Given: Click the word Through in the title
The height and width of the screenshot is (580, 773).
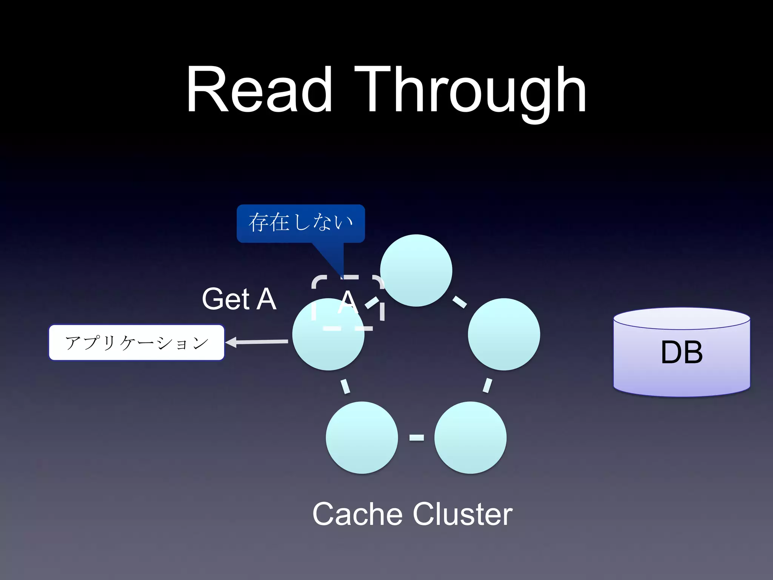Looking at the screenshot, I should [x=470, y=91].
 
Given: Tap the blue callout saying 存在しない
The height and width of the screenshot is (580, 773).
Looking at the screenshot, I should [x=300, y=223].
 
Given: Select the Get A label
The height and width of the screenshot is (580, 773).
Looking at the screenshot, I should [x=239, y=299].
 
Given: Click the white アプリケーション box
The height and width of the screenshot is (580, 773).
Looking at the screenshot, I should [x=137, y=342].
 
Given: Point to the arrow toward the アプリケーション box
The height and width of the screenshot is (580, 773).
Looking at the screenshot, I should [x=257, y=342].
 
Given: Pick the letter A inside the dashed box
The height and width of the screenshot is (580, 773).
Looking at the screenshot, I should [x=348, y=302].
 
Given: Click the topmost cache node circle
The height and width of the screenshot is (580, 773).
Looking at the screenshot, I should [x=416, y=270].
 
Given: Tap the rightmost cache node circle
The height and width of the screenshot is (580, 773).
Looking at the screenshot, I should [x=504, y=334].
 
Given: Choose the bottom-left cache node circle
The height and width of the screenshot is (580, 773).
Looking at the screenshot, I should [x=362, y=437].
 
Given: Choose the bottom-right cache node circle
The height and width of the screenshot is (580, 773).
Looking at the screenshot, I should [x=470, y=437].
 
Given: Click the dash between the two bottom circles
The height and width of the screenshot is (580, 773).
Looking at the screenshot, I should [x=416, y=438].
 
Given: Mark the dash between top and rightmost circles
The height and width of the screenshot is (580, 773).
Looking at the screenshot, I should [x=459, y=302].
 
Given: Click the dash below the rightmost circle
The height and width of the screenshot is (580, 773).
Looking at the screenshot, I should [x=487, y=386].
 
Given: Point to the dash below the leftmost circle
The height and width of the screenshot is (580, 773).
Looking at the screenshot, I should [x=345, y=386].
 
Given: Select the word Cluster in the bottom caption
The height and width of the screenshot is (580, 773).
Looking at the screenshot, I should [x=462, y=514].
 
